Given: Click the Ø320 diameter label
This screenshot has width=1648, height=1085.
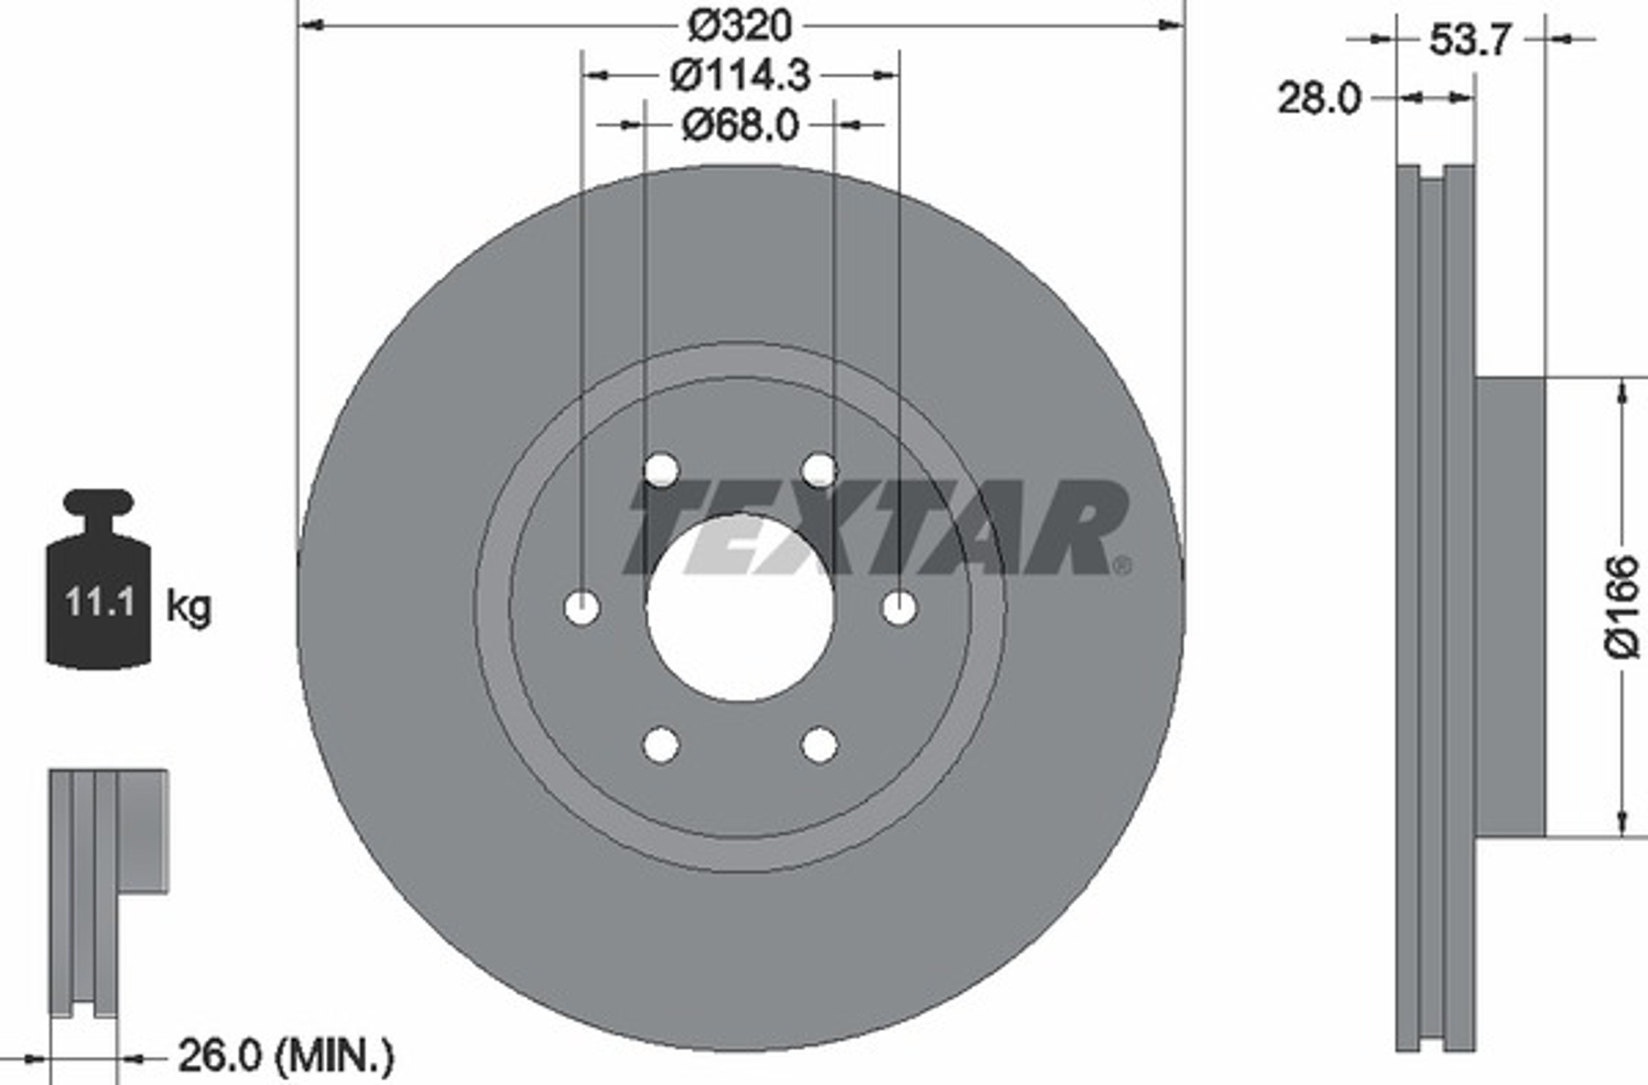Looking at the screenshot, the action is click(739, 26).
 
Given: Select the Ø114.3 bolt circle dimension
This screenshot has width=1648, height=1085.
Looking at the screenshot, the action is click(740, 76).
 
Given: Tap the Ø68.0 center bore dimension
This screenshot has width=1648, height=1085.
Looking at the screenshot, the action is click(740, 126).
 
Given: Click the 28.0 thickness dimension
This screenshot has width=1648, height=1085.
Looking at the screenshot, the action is click(1319, 98).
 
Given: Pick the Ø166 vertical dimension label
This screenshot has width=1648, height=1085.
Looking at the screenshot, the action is click(1623, 606).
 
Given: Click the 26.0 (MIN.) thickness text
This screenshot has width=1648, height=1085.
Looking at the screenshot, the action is click(286, 1055).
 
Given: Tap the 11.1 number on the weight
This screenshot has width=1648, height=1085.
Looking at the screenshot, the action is click(100, 602).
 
